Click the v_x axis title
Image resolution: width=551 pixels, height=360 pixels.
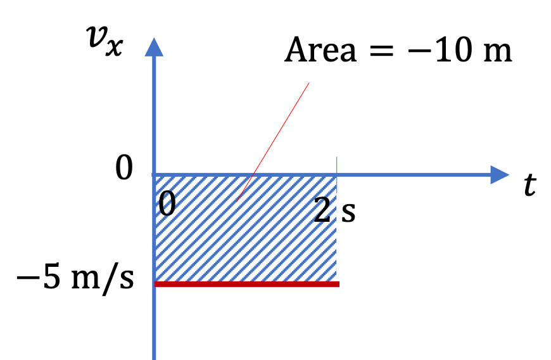[105, 41]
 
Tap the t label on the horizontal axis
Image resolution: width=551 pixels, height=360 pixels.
[530, 185]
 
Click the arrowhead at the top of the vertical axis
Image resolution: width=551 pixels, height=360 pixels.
[154, 47]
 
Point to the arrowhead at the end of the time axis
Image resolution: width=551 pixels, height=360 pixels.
[500, 175]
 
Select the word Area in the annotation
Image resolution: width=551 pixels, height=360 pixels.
[320, 50]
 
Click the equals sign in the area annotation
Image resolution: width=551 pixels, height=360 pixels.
[382, 51]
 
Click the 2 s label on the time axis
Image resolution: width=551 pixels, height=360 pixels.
[334, 210]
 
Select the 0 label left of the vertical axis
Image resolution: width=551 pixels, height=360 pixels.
[124, 168]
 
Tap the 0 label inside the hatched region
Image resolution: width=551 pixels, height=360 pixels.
[167, 204]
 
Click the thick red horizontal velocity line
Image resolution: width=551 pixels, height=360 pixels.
[247, 284]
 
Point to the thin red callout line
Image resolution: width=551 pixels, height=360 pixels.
[273, 142]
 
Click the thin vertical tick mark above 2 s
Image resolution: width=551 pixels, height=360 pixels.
[337, 165]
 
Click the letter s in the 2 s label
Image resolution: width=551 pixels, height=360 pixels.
[348, 213]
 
